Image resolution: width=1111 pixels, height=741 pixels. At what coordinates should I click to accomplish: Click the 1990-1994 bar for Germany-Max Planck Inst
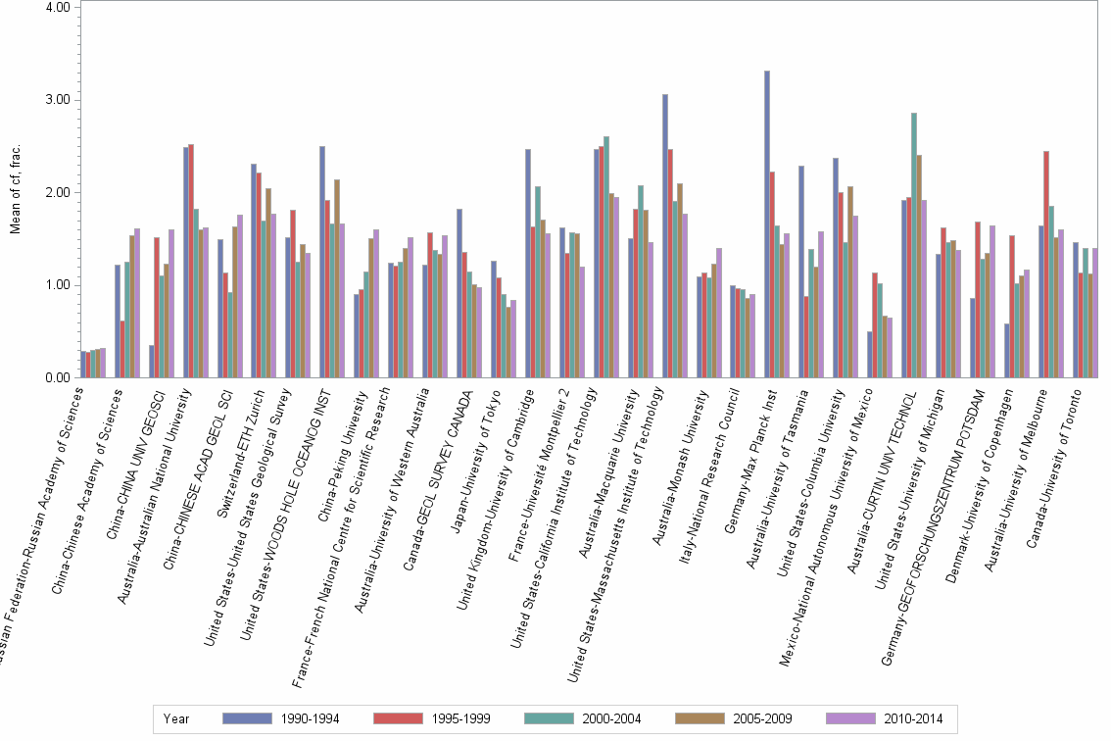coord(767,224)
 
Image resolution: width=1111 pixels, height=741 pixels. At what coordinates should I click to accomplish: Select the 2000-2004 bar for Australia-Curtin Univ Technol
coord(914,245)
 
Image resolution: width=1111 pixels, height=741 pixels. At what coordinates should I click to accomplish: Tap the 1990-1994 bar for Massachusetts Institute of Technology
coord(665,236)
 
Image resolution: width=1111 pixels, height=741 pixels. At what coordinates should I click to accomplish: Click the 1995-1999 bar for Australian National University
coord(191,261)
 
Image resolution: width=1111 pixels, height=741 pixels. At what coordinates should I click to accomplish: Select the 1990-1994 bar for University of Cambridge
coord(528,264)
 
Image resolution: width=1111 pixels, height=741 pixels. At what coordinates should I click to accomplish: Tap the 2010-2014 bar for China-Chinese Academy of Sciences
coord(137,303)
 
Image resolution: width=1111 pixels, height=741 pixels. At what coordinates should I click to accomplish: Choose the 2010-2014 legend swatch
coord(851,718)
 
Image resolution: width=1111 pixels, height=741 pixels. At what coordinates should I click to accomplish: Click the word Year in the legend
coord(176,718)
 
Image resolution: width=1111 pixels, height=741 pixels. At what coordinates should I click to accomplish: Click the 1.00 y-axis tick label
coord(57,285)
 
